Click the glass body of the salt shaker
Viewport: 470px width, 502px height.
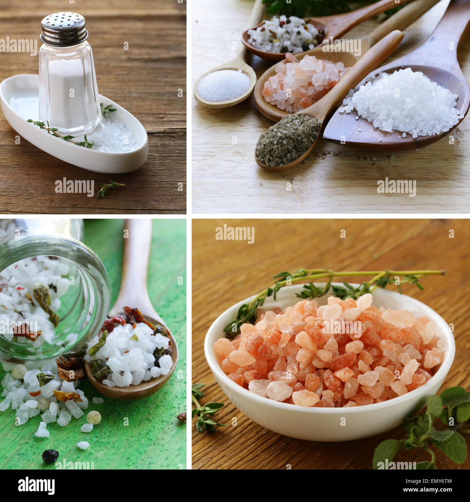point(69,90)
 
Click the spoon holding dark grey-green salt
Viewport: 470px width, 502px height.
point(287,141)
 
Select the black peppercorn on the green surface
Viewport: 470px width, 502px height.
point(50,456)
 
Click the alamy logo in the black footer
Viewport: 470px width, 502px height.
point(36,485)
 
